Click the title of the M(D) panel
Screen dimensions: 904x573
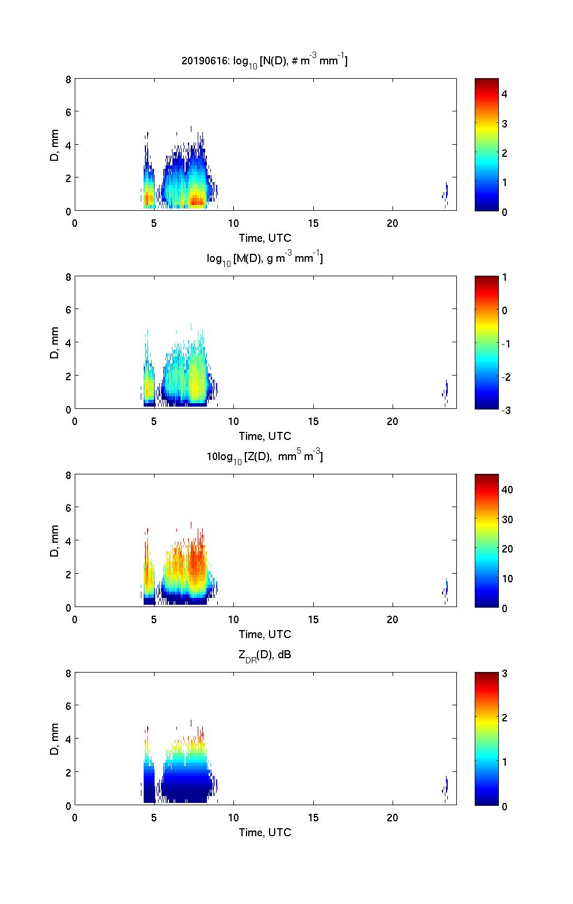pos(264,259)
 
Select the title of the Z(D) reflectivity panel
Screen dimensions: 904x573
pos(264,457)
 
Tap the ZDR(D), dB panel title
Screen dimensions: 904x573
pos(265,655)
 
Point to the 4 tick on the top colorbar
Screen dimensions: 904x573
pos(504,94)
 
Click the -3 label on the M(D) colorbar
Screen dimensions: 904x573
pos(506,410)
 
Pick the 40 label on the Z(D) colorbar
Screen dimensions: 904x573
pos(507,490)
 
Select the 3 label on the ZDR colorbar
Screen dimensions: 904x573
pos(504,674)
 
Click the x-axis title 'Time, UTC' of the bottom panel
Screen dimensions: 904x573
pos(265,832)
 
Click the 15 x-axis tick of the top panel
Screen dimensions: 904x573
pos(313,223)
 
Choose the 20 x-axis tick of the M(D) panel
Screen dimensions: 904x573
pos(393,422)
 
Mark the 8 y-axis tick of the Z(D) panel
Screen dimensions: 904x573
pos(68,476)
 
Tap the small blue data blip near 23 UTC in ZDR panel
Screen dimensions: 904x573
pos(446,786)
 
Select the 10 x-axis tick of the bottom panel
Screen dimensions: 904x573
pos(233,818)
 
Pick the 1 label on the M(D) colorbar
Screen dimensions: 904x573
pos(504,277)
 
